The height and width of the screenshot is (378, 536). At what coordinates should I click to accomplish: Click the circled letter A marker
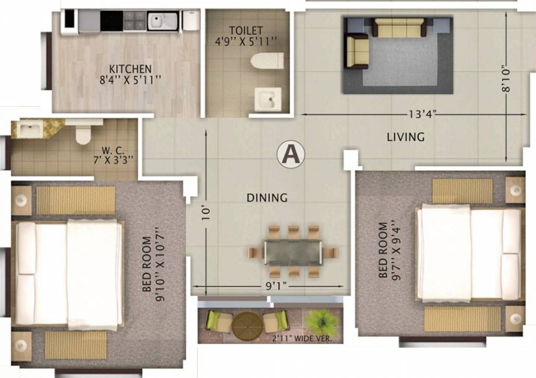pyautogui.click(x=290, y=155)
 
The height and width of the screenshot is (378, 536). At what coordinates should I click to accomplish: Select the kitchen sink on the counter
pyautogui.click(x=162, y=21)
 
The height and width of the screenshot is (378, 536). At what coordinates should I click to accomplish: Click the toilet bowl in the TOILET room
pyautogui.click(x=267, y=61)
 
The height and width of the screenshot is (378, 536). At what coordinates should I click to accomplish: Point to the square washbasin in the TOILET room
pyautogui.click(x=268, y=99)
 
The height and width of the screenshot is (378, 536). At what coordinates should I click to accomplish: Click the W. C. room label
pyautogui.click(x=113, y=151)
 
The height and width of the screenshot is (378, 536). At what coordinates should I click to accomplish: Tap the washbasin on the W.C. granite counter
pyautogui.click(x=29, y=129)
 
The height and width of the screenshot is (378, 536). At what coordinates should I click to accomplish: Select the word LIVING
pyautogui.click(x=406, y=137)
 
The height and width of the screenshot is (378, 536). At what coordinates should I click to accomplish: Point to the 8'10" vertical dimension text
pyautogui.click(x=506, y=80)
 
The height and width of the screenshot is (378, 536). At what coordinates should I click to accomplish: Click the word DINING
pyautogui.click(x=267, y=198)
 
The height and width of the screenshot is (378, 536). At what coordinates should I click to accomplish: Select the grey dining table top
pyautogui.click(x=293, y=252)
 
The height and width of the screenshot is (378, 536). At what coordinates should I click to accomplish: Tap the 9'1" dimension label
pyautogui.click(x=276, y=286)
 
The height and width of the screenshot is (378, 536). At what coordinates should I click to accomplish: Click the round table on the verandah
pyautogui.click(x=247, y=326)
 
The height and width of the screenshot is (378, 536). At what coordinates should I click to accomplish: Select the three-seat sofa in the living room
pyautogui.click(x=399, y=28)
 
